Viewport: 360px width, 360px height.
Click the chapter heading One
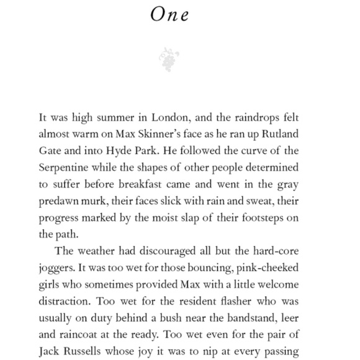[x=169, y=15]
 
